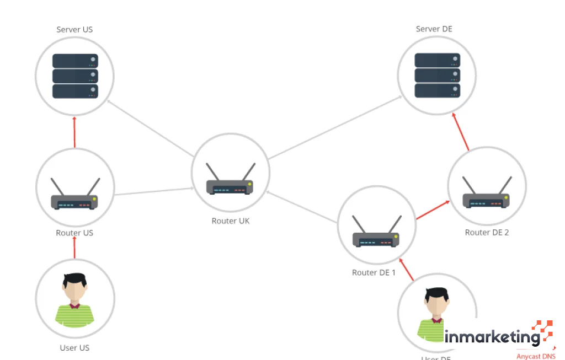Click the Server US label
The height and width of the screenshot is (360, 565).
pos(74,30)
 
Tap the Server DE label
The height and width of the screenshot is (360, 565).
pos(434,29)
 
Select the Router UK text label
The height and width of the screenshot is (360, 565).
pos(231,221)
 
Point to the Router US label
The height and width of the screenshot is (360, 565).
pos(74,233)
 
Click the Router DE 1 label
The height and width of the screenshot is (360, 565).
pos(374,272)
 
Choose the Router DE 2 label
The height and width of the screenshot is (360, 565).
pos(487,232)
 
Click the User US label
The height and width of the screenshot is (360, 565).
pos(74,348)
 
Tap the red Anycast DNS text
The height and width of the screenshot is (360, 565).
pos(536,356)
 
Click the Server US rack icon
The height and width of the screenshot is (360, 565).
pos(75,76)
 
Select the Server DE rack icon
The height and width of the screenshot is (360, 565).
pos(437,75)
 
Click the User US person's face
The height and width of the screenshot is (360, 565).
pos(74,292)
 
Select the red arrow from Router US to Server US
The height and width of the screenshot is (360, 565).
pos(74,132)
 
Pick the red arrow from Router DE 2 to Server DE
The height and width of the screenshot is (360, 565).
pos(461,132)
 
